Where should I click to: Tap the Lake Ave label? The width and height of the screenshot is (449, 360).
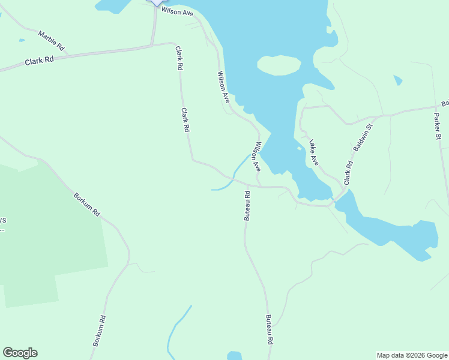[314, 152]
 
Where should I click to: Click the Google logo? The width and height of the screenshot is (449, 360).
[20, 353]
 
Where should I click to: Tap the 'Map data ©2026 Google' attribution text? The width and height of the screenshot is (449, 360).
[412, 355]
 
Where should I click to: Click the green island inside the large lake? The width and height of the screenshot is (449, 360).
[279, 65]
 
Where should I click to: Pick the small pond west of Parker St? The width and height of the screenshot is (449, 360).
[397, 80]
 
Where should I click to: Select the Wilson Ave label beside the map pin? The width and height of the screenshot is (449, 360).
[176, 11]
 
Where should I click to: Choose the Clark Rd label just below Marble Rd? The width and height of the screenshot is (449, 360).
[40, 61]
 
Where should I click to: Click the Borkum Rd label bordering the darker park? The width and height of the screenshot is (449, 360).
[87, 205]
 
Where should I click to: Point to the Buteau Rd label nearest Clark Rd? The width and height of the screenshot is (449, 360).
[247, 206]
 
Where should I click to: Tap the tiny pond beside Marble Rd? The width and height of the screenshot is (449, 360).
[22, 41]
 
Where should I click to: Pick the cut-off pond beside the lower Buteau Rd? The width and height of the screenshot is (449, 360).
[235, 356]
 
